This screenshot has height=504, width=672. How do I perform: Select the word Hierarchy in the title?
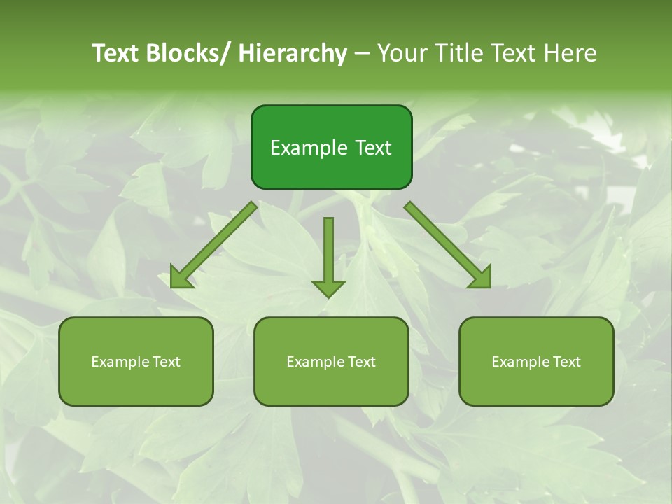(293, 53)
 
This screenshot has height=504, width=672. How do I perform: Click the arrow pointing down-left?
(213, 245)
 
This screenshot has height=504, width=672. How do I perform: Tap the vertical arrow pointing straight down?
(328, 252)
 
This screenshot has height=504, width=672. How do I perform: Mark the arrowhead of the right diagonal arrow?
(481, 278)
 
